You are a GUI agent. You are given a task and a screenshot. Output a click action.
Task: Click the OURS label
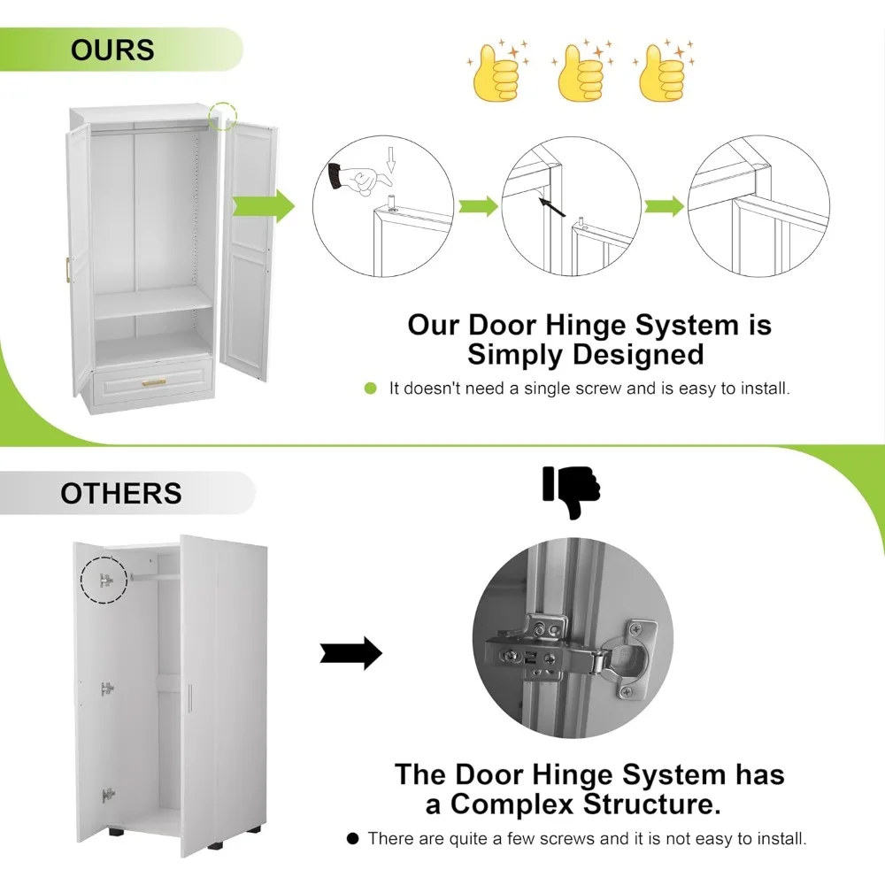tap(112, 50)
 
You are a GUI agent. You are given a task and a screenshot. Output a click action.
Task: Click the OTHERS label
tap(120, 493)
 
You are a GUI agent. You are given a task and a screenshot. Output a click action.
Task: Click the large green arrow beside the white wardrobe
tap(263, 206)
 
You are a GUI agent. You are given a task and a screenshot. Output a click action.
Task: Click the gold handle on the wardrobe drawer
tap(154, 382)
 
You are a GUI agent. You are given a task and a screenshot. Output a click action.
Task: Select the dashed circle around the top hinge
tap(104, 581)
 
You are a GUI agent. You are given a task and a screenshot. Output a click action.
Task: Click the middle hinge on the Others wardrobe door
tap(107, 689)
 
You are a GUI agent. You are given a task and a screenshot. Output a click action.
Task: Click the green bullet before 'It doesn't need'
tap(371, 389)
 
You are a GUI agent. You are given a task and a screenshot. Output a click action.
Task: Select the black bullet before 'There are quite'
tap(352, 838)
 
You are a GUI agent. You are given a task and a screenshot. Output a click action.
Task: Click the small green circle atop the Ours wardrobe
tap(223, 115)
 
